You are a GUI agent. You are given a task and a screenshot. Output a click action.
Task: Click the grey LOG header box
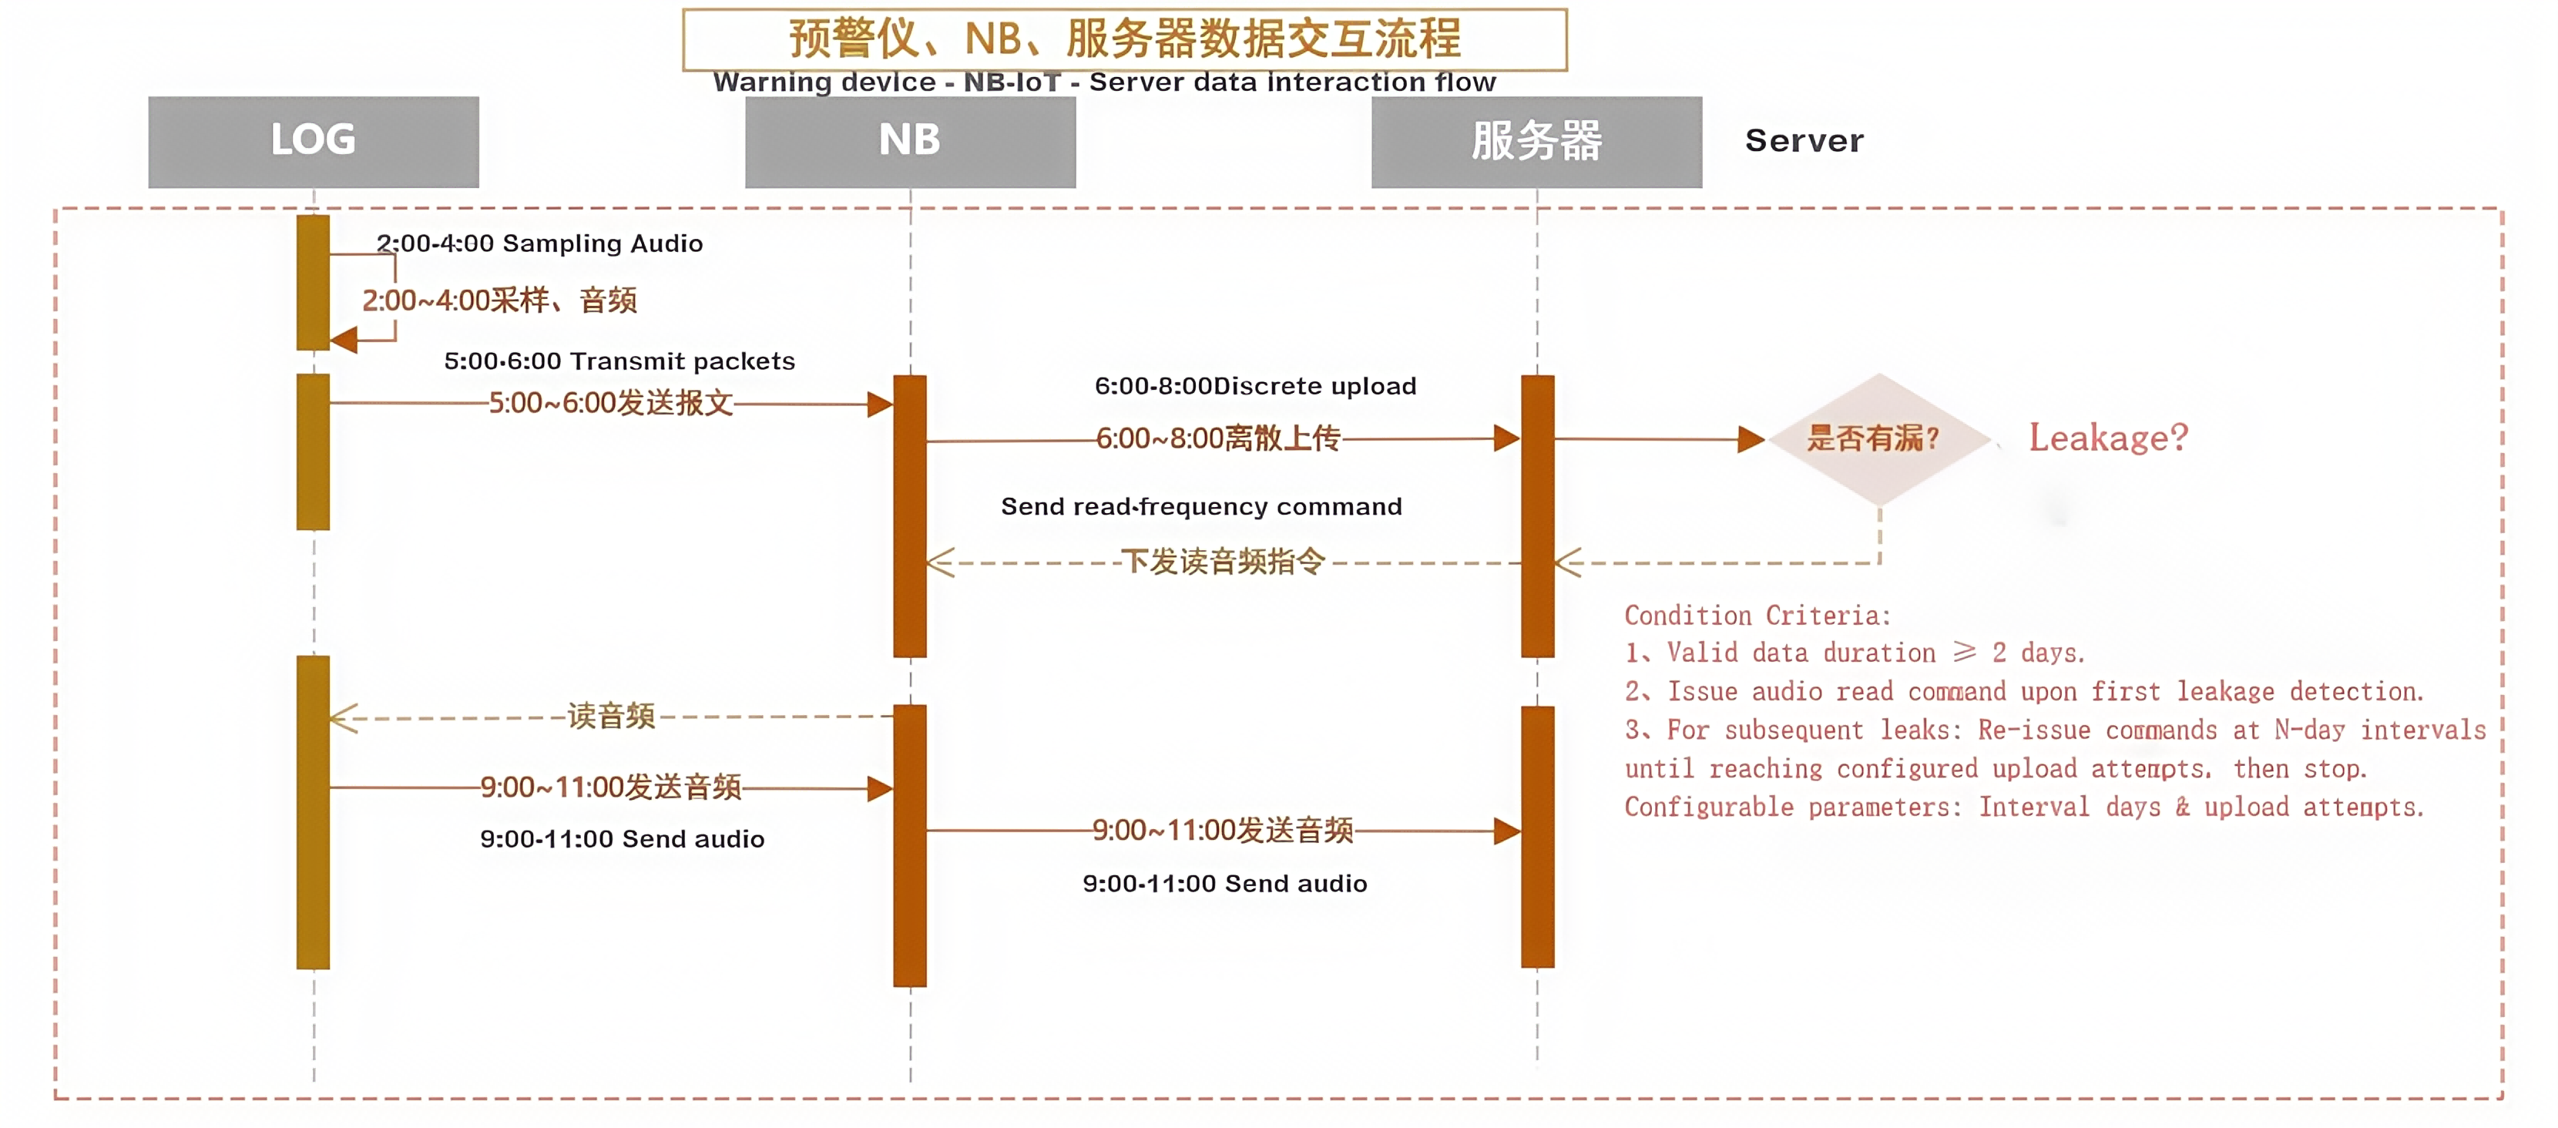point(313,141)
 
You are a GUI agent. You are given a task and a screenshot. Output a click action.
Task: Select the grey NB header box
point(910,141)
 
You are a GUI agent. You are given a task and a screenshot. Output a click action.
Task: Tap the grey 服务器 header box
point(1536,141)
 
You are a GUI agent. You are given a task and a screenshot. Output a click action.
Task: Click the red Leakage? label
point(2107,438)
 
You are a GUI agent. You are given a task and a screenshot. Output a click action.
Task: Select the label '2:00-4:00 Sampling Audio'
point(539,244)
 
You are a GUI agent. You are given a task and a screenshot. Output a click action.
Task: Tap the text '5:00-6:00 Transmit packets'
point(619,361)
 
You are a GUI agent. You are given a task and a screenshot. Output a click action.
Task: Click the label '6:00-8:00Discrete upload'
point(1255,386)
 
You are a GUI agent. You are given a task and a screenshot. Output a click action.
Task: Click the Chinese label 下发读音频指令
point(1223,562)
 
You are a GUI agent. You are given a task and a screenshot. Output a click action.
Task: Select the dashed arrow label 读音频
point(611,716)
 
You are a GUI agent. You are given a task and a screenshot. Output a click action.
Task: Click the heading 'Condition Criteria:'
point(1757,616)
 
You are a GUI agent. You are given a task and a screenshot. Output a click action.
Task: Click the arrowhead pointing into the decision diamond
point(1750,439)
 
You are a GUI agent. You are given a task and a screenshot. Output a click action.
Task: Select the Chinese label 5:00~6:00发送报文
point(611,403)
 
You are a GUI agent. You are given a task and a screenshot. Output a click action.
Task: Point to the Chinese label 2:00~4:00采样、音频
point(499,300)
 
